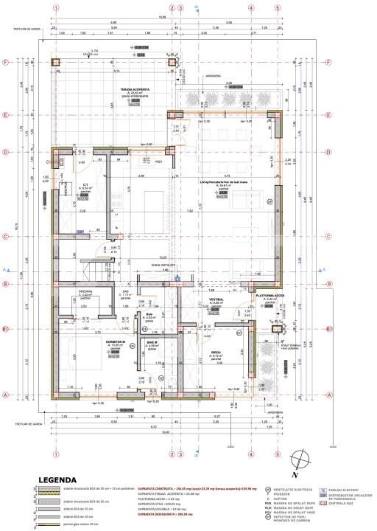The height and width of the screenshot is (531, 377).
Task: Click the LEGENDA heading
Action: coord(52,479)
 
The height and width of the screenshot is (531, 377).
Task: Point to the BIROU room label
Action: coord(216,353)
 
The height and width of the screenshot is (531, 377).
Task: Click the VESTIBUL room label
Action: coord(217,299)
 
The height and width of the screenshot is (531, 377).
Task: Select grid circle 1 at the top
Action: coord(56,8)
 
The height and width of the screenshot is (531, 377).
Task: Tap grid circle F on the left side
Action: coord(6,62)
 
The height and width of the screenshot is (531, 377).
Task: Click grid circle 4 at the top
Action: coord(250,8)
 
